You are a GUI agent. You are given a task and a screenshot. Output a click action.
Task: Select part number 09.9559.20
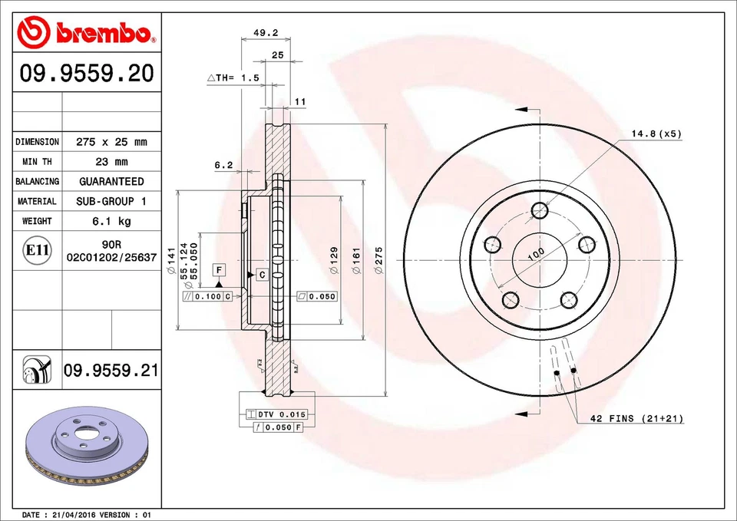(87, 74)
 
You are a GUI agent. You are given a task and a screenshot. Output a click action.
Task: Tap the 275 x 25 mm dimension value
(111, 142)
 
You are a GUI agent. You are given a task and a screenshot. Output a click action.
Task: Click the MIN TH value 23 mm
(111, 162)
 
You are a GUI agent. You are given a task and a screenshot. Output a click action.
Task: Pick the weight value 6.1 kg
(111, 221)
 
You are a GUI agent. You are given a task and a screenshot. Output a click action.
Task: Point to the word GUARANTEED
(111, 182)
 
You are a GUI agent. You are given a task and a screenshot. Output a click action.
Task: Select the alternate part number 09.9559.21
(111, 371)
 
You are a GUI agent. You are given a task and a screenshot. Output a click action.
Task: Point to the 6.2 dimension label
(223, 164)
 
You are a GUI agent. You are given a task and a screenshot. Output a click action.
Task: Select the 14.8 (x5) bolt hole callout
(656, 134)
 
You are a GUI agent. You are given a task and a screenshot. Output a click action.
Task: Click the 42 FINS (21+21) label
(636, 418)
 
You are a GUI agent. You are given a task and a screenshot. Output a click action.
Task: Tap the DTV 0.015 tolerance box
(281, 414)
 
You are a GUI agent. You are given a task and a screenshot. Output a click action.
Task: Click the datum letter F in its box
(219, 270)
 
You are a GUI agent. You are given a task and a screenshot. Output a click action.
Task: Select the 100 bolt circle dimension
(535, 253)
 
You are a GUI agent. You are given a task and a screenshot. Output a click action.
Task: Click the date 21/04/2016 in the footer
(77, 514)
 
